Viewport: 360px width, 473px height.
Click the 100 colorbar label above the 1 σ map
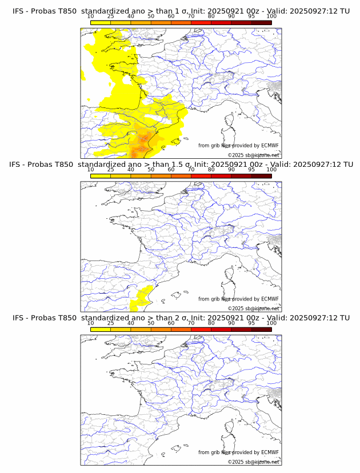(271, 16)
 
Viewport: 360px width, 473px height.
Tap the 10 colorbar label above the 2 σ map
(91, 323)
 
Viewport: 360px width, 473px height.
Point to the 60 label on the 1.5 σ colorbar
(171, 170)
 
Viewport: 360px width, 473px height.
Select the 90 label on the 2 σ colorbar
(231, 323)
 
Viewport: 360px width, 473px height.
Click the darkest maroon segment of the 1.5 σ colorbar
(261, 176)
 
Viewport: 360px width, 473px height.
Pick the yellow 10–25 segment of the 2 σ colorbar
(101, 329)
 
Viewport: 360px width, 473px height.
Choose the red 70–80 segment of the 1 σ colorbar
(201, 22)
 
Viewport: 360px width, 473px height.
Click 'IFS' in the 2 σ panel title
(20, 318)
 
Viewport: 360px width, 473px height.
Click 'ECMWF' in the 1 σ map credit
(270, 146)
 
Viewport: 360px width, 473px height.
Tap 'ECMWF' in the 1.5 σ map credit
(270, 299)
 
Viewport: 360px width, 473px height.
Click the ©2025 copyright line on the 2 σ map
(253, 462)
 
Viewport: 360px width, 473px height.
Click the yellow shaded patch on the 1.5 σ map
(141, 298)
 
